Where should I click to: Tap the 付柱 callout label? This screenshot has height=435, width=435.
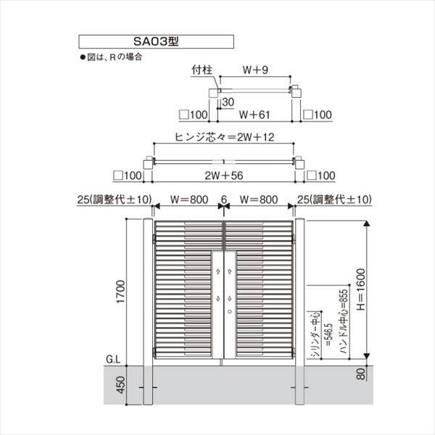(201, 71)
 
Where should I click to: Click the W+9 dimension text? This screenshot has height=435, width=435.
(254, 70)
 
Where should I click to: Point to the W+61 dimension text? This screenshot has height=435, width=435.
(254, 114)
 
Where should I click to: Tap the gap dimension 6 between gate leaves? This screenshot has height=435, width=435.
(224, 199)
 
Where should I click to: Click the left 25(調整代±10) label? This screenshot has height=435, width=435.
(112, 199)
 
